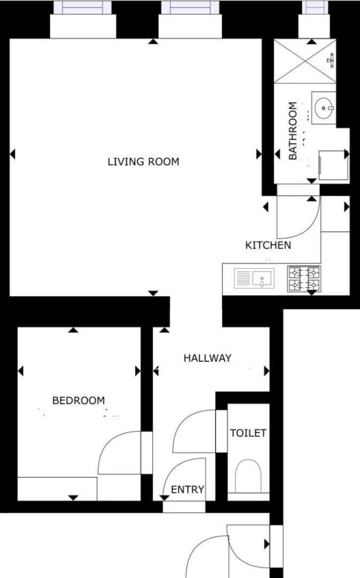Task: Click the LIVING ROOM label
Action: [143, 162]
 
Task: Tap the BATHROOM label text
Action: [293, 131]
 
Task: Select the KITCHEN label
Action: [268, 245]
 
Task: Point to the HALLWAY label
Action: [207, 358]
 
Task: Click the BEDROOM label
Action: [79, 400]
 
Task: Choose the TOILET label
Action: [248, 433]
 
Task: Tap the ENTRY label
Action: [188, 490]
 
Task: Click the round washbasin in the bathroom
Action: [325, 106]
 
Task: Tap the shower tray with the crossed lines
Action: [305, 61]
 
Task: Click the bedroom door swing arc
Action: [118, 454]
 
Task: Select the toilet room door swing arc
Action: [194, 431]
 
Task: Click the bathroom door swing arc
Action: [298, 218]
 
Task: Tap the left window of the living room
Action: [83, 8]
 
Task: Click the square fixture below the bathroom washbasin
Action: [333, 164]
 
